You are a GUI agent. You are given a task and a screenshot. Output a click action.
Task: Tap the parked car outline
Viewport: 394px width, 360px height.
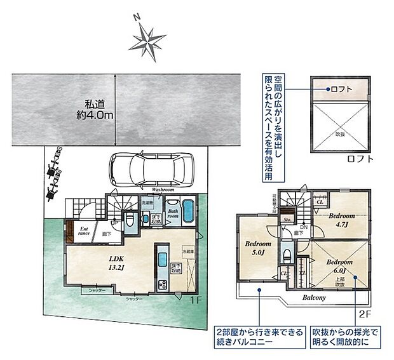[x=150, y=170]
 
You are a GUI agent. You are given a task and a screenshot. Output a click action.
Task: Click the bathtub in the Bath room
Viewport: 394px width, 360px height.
[x=188, y=211]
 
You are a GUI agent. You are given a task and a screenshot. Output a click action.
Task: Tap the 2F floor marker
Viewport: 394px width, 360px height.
[x=363, y=314]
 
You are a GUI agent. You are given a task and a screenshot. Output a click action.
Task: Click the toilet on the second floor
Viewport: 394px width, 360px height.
[x=287, y=255]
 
